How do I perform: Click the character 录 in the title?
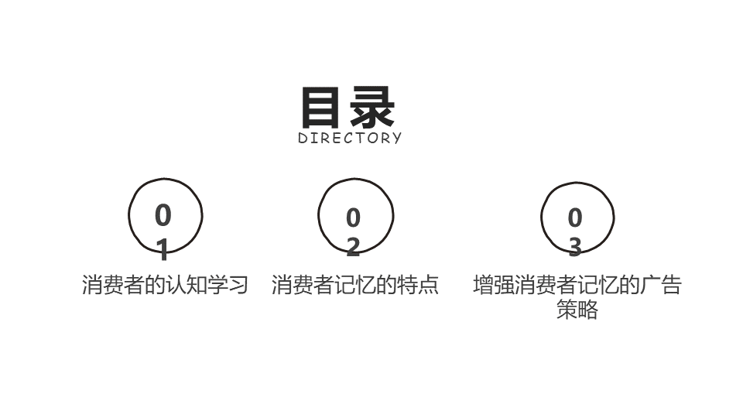[x=372, y=108]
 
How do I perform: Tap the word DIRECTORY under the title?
[x=350, y=139]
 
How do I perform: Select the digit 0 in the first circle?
[x=163, y=215]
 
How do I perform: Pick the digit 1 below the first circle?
[x=163, y=249]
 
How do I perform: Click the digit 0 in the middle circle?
[x=353, y=218]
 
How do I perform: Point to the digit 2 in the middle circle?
[x=353, y=246]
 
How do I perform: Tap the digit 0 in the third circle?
[x=574, y=218]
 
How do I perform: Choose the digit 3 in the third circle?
[x=574, y=246]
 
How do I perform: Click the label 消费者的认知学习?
[x=165, y=285]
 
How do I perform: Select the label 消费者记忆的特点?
[x=354, y=285]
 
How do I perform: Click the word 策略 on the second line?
[x=577, y=310]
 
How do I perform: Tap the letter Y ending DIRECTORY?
[x=397, y=139]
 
